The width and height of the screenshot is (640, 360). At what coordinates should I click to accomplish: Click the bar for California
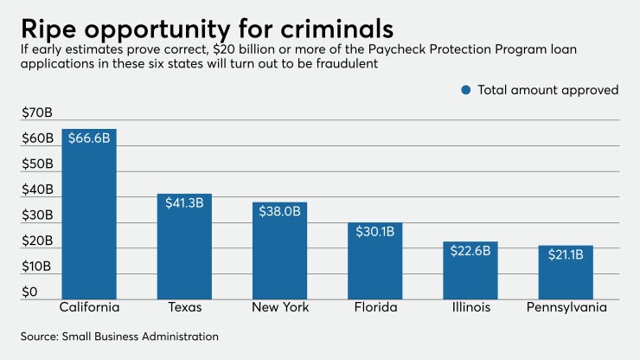coord(89,216)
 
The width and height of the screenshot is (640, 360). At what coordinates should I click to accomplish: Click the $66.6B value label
coord(89,138)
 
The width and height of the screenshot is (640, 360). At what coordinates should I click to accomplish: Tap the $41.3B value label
coord(183,202)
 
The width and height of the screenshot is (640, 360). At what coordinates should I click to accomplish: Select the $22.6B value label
coord(470,251)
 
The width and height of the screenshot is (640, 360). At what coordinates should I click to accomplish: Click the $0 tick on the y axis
coord(30,292)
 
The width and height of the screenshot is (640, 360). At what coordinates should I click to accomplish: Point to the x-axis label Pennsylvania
coord(565,308)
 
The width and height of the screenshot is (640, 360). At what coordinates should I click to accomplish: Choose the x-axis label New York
coord(279,308)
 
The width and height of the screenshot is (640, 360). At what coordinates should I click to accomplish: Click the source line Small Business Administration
coord(120,336)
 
